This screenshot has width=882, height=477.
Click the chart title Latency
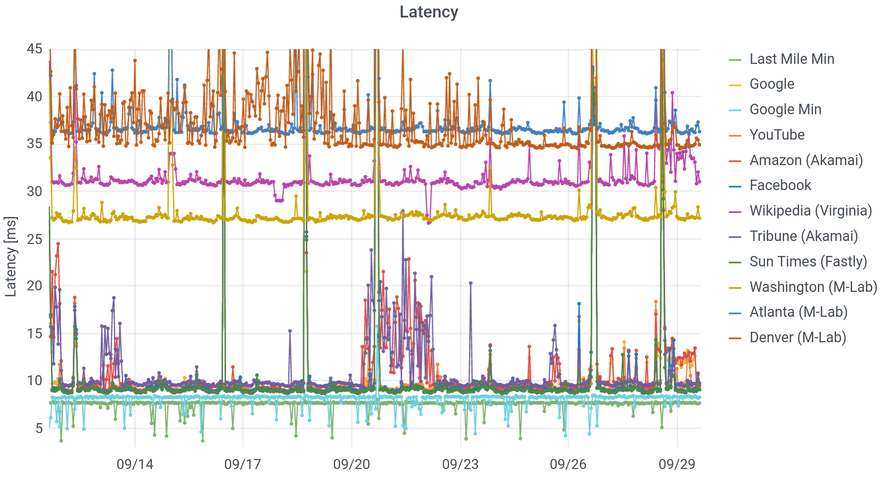click(x=429, y=12)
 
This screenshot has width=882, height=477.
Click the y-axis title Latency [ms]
click(x=11, y=256)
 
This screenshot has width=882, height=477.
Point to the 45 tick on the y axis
click(x=35, y=49)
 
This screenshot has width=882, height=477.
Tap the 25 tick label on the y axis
click(x=35, y=239)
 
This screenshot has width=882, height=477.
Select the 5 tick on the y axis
click(x=39, y=428)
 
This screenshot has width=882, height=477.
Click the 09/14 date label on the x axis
click(x=135, y=465)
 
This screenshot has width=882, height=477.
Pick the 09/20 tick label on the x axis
click(x=352, y=465)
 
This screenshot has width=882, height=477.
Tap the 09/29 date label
click(x=677, y=465)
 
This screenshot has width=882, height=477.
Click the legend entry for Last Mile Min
click(x=792, y=59)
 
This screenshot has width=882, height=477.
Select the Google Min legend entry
click(x=785, y=109)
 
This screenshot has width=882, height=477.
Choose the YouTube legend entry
click(x=777, y=135)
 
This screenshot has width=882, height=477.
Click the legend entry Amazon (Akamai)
click(x=806, y=160)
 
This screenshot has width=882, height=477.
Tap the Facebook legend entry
click(x=780, y=185)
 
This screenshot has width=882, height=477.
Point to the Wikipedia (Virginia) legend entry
click(x=811, y=211)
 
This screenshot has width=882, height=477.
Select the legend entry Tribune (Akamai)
click(x=804, y=236)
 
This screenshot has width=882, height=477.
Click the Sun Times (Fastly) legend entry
click(x=808, y=261)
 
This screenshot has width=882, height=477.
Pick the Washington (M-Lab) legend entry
click(x=813, y=287)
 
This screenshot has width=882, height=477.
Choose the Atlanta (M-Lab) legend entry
click(x=799, y=312)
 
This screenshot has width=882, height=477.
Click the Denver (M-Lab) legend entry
click(x=798, y=337)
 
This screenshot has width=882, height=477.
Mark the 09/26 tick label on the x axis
click(x=568, y=465)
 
